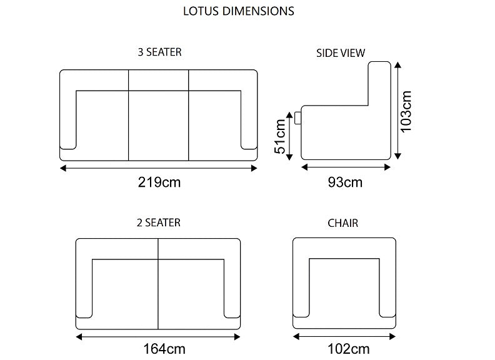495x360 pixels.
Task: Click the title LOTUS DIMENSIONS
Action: (x=239, y=11)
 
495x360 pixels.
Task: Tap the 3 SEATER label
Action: (x=160, y=52)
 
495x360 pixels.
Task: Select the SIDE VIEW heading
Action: (x=341, y=53)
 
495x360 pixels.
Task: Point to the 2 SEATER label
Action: (x=159, y=222)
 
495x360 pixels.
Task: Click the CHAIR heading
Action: (x=343, y=223)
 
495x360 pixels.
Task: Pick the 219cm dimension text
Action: (x=159, y=182)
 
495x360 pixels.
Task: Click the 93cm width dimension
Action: (x=345, y=182)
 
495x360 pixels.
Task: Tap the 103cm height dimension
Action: (x=406, y=111)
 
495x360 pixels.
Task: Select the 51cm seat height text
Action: (x=280, y=136)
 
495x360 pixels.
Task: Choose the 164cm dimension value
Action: (x=164, y=349)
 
